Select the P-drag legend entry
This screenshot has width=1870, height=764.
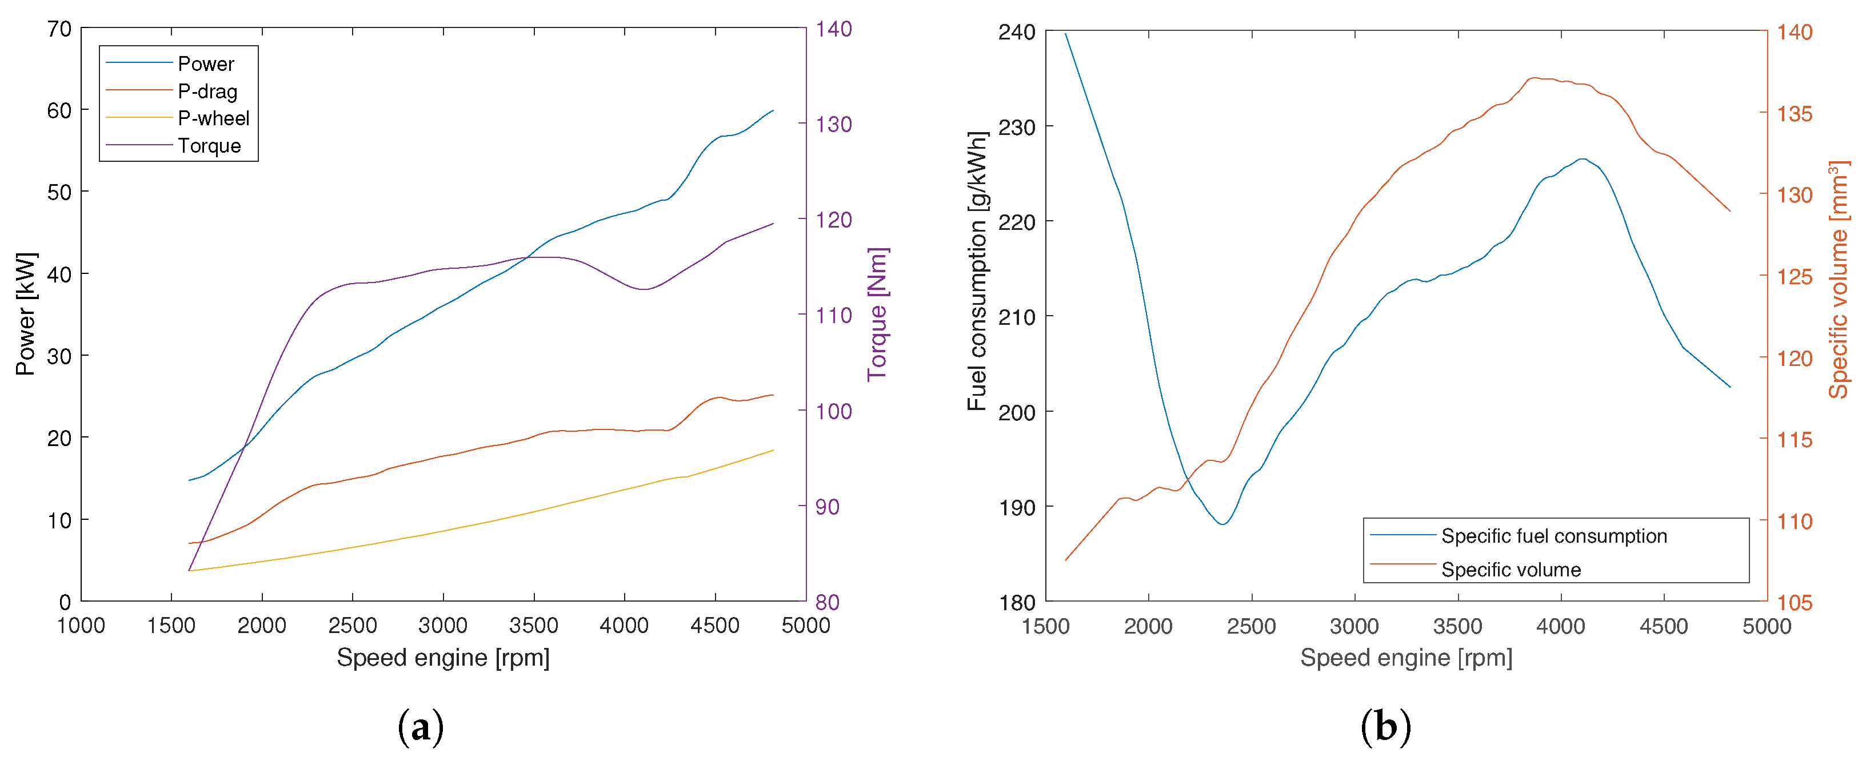207,91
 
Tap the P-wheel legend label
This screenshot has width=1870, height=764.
213,118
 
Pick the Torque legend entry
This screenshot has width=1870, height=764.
209,146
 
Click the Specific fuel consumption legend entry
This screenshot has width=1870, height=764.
1553,536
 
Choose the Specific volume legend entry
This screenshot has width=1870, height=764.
1511,570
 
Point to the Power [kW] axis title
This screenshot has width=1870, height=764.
26,314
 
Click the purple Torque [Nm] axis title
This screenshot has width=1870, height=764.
878,314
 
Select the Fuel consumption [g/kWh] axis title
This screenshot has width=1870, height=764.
977,271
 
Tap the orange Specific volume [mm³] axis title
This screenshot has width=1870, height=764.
1838,280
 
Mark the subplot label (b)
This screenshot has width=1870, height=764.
1385,726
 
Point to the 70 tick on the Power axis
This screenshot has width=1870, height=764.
59,29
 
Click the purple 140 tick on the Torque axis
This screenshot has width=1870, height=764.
833,29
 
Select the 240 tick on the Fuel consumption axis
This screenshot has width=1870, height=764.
1016,32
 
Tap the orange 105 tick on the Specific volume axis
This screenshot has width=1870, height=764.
1795,602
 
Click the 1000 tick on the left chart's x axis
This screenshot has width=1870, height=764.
81,625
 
